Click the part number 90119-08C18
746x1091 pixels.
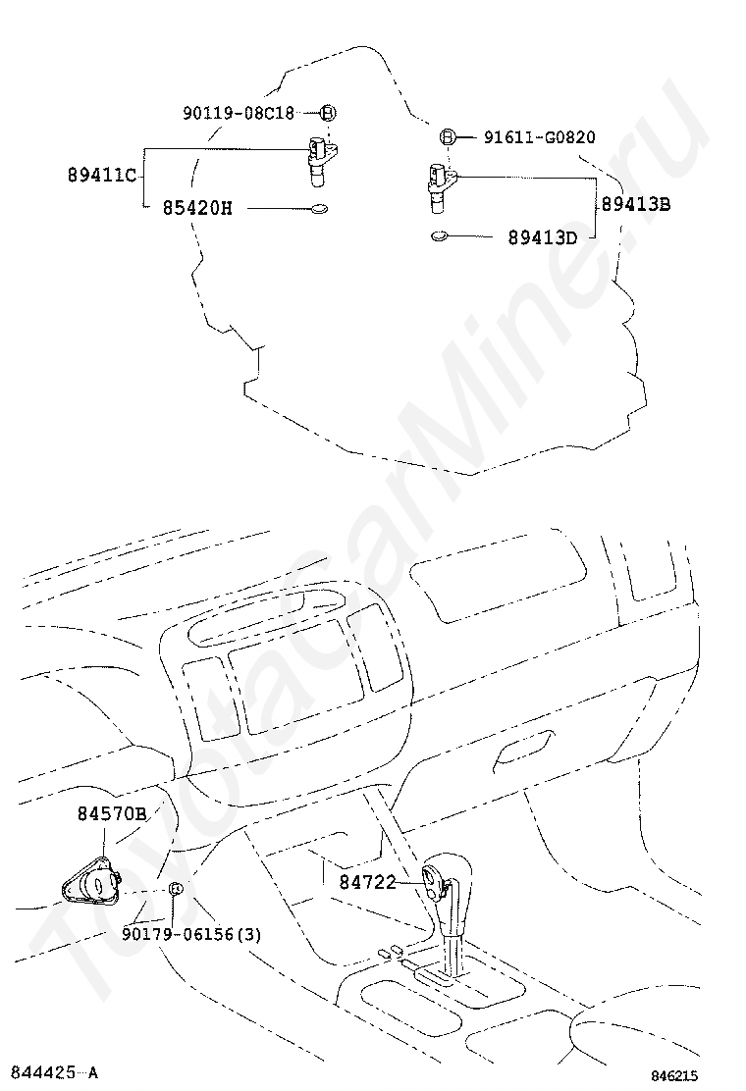point(239,113)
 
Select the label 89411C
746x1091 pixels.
point(102,176)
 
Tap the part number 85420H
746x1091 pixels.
point(197,208)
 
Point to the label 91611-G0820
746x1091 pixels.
point(539,137)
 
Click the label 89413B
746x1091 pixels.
point(636,205)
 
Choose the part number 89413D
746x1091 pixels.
point(543,236)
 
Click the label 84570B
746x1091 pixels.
point(113,813)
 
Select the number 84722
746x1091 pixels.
point(367,882)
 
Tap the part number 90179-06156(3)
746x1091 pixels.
point(191,934)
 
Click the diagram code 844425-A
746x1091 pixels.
point(54,1072)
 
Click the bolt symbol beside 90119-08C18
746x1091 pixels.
point(328,113)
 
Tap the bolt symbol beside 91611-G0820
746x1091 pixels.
point(447,136)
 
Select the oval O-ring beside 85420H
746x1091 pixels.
point(319,208)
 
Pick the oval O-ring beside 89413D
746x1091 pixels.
point(440,235)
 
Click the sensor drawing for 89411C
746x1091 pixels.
point(321,156)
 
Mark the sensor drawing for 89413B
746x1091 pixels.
point(438,185)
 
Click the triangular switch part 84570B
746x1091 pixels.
point(89,879)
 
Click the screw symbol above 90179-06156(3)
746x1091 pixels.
point(175,888)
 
